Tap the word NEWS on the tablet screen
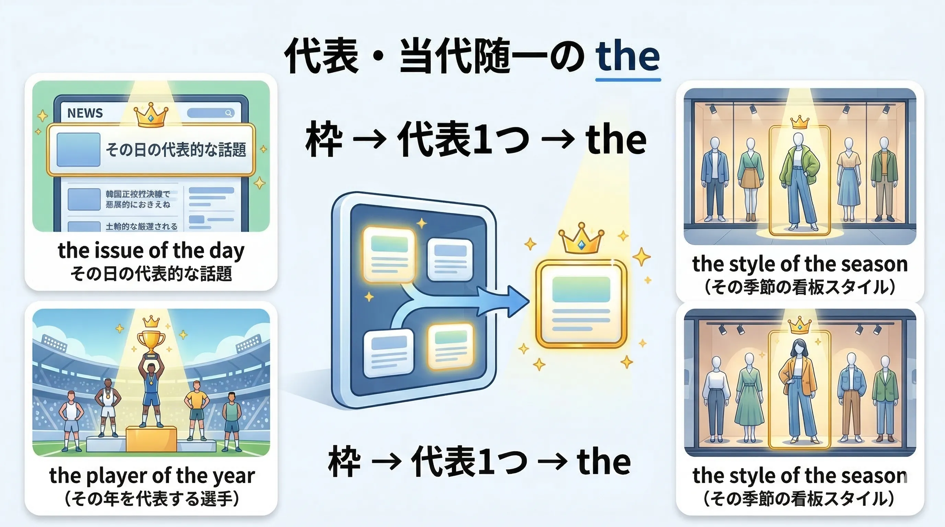(x=85, y=113)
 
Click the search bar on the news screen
(x=210, y=113)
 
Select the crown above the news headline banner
(x=151, y=115)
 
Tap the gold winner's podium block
(x=151, y=439)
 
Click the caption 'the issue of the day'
(x=151, y=251)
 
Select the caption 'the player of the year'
(x=152, y=476)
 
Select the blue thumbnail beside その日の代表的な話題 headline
(x=79, y=150)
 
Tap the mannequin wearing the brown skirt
(x=750, y=179)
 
